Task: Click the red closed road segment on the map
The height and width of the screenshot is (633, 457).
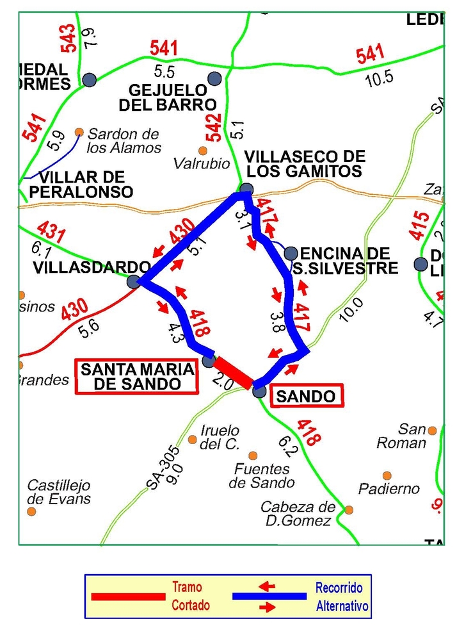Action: pyautogui.click(x=234, y=373)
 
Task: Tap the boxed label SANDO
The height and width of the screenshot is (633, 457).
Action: pyautogui.click(x=305, y=396)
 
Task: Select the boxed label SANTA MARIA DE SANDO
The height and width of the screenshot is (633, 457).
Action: pyautogui.click(x=137, y=377)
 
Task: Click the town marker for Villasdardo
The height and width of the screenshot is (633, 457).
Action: pyautogui.click(x=133, y=281)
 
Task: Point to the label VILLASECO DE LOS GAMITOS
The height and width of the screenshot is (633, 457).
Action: pyautogui.click(x=305, y=164)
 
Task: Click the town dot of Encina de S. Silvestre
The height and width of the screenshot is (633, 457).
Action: pyautogui.click(x=291, y=252)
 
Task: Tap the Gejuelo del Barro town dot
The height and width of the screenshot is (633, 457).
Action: pyautogui.click(x=214, y=78)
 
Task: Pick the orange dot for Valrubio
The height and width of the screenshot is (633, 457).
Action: pyautogui.click(x=203, y=151)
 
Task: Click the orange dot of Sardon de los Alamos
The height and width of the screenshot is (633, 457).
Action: pyautogui.click(x=79, y=132)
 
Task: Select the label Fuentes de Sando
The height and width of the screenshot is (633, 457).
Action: pyautogui.click(x=262, y=476)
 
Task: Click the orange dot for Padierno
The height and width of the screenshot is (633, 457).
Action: pyautogui.click(x=387, y=475)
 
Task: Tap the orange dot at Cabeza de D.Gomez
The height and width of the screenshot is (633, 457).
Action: pyautogui.click(x=349, y=510)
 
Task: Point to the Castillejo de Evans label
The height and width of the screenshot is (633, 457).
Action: pyautogui.click(x=59, y=492)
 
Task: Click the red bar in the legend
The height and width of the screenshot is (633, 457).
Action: pyautogui.click(x=128, y=596)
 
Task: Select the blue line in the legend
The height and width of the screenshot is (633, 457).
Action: pyautogui.click(x=269, y=596)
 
